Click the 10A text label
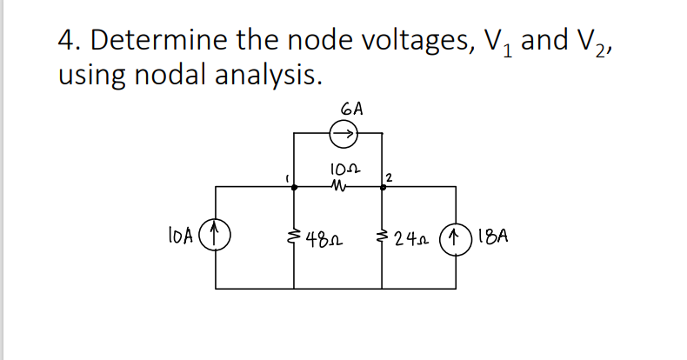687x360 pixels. (x=185, y=234)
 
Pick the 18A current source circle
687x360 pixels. (x=455, y=234)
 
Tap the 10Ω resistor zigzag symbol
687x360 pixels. (x=340, y=184)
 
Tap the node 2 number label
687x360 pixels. (x=389, y=177)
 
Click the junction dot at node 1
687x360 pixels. (x=296, y=185)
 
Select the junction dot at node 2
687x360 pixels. (x=384, y=185)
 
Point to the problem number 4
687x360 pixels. (x=64, y=41)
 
